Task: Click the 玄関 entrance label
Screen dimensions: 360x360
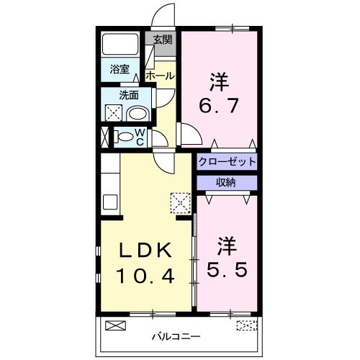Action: pos(162,40)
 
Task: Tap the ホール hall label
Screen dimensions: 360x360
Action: pos(158,75)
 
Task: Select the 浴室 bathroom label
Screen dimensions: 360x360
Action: pos(120,69)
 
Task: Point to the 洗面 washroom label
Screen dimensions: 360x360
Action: pos(129,94)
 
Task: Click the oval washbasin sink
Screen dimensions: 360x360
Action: pos(137,113)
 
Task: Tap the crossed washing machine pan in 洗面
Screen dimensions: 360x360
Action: pos(113,113)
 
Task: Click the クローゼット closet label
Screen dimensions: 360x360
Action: pos(227,161)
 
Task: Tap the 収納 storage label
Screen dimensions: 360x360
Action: pos(226,182)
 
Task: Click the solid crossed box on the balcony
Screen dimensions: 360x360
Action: pos(114,325)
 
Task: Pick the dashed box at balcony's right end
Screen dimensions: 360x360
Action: pos(246,325)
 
